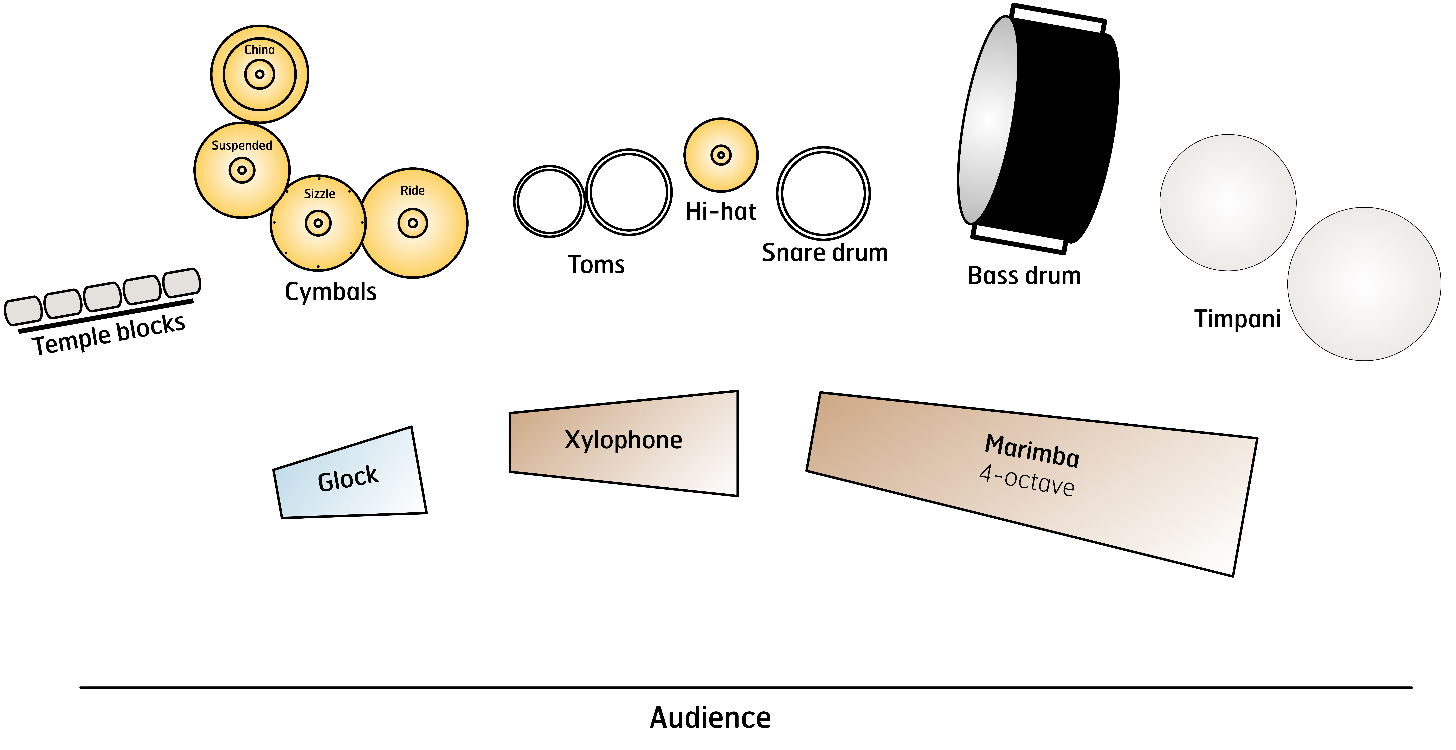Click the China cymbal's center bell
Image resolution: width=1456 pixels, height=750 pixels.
(x=259, y=74)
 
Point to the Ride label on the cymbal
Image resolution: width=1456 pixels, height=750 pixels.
(x=413, y=191)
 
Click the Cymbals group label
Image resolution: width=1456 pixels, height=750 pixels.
(x=331, y=292)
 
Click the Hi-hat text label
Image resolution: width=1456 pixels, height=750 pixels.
(x=721, y=211)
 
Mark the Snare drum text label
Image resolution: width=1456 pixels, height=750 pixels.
(x=825, y=253)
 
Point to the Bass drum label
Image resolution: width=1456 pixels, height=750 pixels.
(x=1024, y=276)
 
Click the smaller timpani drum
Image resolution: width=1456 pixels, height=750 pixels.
(x=1228, y=202)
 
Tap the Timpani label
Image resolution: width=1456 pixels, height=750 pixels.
(x=1237, y=319)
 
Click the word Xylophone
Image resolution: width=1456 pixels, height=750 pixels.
(x=623, y=440)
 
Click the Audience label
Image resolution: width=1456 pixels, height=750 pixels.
(x=710, y=718)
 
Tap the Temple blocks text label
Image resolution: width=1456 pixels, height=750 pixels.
(x=109, y=335)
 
